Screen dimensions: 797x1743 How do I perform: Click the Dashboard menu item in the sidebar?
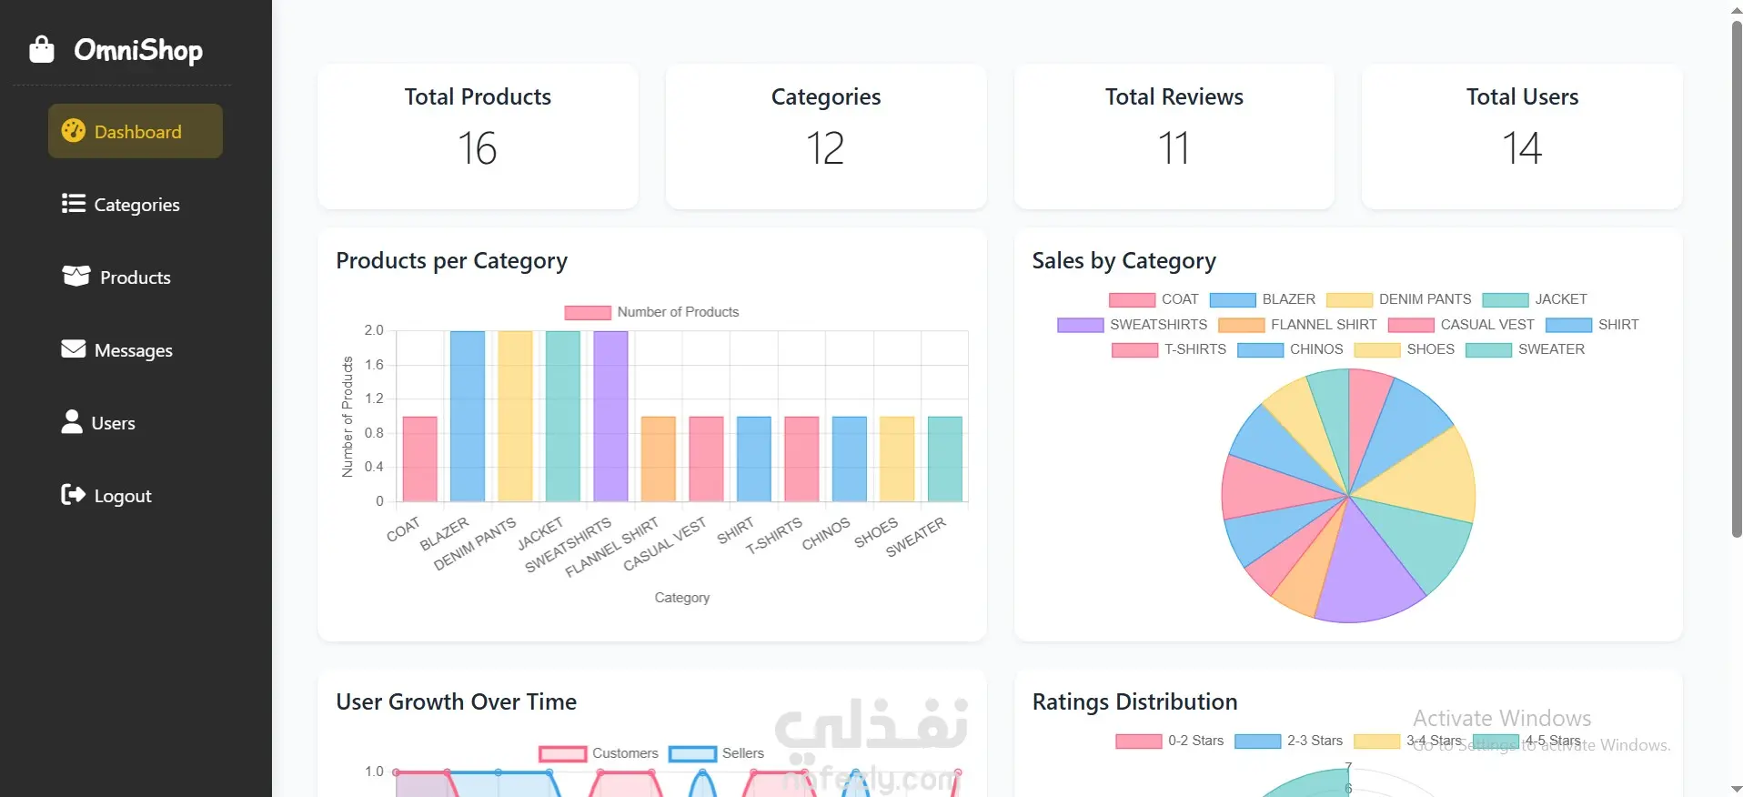point(136,132)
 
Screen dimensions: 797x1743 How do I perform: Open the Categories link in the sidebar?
point(121,205)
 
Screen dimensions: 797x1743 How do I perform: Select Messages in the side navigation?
point(117,350)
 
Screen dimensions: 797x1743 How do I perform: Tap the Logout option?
point(106,496)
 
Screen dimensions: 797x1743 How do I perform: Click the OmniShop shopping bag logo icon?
point(42,49)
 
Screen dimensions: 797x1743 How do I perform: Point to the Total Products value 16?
point(478,148)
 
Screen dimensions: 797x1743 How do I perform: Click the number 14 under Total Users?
point(1522,148)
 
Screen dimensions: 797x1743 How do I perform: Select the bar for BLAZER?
point(468,416)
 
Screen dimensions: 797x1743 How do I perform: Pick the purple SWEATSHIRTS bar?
point(610,416)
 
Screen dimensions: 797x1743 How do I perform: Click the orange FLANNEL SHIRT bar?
point(659,459)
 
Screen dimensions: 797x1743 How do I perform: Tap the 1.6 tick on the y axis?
point(374,365)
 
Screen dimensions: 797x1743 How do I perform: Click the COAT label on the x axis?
point(403,529)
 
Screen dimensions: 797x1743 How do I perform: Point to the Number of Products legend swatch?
point(587,312)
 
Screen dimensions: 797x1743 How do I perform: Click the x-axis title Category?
point(682,598)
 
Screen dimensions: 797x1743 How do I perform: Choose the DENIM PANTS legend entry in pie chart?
point(1399,299)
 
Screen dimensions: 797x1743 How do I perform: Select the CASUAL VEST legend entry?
point(1461,325)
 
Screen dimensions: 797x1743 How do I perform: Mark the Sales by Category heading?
point(1123,261)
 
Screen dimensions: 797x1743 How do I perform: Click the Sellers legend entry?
point(717,753)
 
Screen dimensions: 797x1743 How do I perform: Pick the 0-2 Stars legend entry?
point(1170,741)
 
